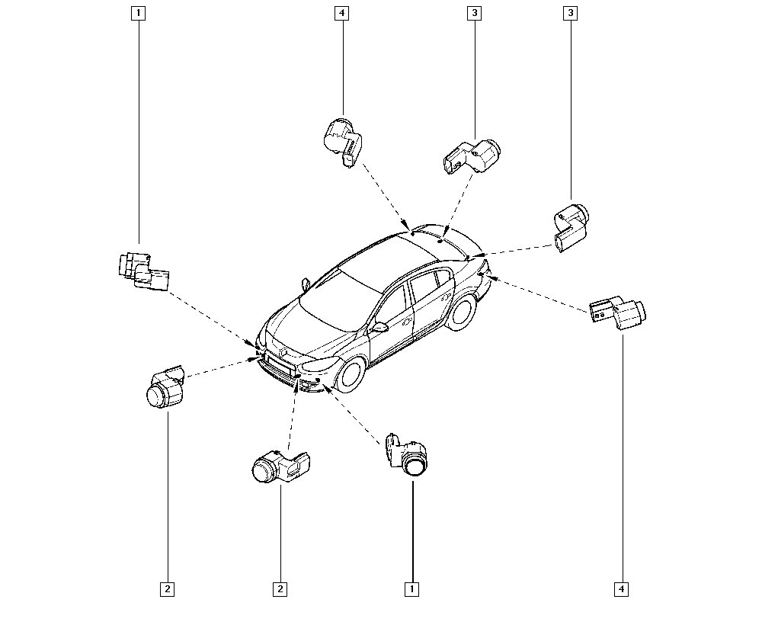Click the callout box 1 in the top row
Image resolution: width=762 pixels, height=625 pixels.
(139, 13)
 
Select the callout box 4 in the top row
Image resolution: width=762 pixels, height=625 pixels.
(342, 13)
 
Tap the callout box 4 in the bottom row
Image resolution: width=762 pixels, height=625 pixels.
(622, 589)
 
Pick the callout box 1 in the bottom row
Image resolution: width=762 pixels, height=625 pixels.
(411, 589)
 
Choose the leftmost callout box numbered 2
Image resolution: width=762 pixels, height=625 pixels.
(167, 589)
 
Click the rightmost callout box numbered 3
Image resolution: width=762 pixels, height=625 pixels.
(571, 13)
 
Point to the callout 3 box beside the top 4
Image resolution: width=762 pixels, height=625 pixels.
(474, 13)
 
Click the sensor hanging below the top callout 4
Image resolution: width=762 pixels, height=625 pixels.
(342, 142)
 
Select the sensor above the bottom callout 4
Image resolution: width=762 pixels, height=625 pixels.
(618, 312)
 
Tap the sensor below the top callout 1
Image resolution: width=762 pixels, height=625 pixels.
(143, 271)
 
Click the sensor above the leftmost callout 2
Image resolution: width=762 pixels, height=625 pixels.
(165, 386)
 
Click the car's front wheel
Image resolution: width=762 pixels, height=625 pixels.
(351, 375)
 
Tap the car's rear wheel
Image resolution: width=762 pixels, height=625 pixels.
(461, 313)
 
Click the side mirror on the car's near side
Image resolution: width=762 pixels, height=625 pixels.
(379, 326)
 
